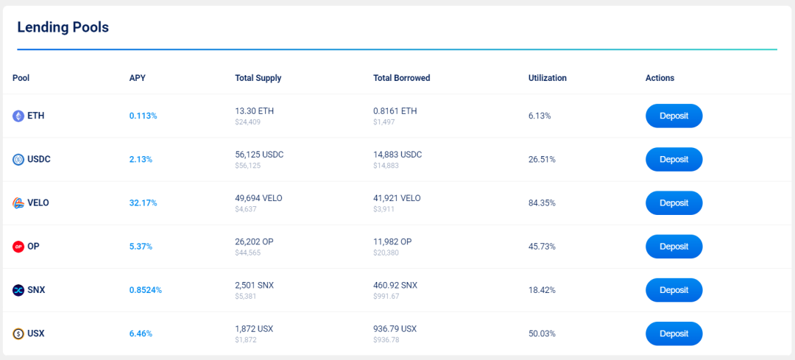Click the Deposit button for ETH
[x=674, y=116]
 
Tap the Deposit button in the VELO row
[x=674, y=202]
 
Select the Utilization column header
[x=548, y=78]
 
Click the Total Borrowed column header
[x=402, y=78]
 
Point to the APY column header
[x=137, y=78]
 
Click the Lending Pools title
[x=63, y=27]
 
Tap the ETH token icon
[x=18, y=116]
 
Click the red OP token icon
[x=18, y=247]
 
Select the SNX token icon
[x=18, y=291]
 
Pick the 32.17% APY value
[x=143, y=202]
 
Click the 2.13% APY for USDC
[x=141, y=159]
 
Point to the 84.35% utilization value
[x=542, y=202]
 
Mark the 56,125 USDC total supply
[x=260, y=155]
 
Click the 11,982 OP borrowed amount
[x=392, y=242]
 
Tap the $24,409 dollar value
[x=248, y=121]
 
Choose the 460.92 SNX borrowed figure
[x=395, y=286]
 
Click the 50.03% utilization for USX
[x=542, y=333]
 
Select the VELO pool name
[x=38, y=202]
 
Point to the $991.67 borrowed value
[x=386, y=296]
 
